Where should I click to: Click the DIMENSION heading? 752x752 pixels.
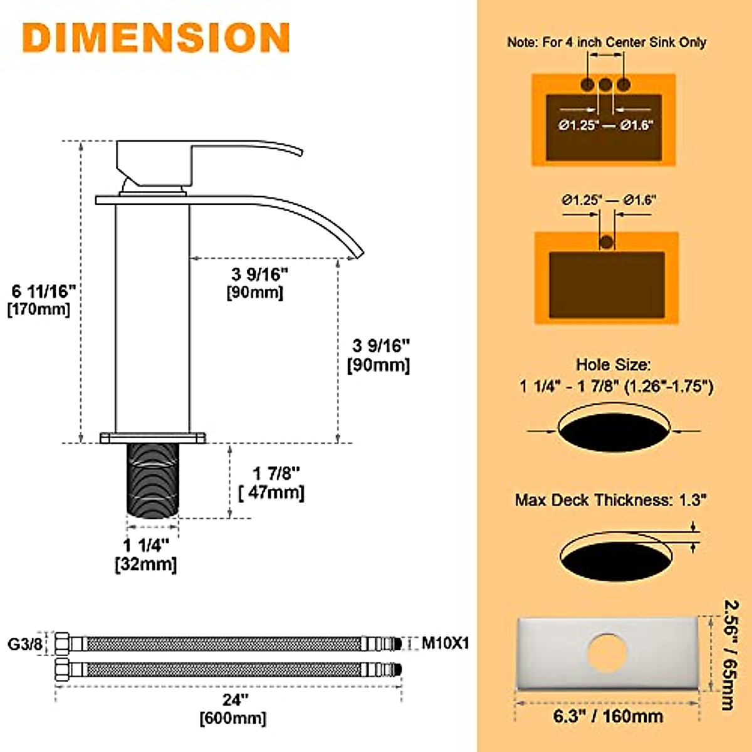(156, 38)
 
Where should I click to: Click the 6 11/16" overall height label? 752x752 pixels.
(43, 291)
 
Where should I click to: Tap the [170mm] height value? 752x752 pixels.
(39, 309)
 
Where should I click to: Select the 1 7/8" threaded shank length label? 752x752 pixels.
(276, 474)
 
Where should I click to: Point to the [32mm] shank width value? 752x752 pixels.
(146, 564)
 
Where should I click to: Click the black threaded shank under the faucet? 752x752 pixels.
(153, 480)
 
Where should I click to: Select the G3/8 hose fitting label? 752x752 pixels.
(26, 644)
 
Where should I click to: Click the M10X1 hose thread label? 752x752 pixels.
(445, 643)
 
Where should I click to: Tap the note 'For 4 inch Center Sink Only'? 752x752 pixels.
(607, 43)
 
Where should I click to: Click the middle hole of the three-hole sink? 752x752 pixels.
(605, 85)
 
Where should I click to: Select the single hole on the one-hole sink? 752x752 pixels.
(606, 242)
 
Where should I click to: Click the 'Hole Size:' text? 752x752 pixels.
(614, 365)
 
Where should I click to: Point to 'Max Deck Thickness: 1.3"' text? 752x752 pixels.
(611, 500)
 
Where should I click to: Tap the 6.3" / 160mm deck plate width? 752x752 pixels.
(607, 716)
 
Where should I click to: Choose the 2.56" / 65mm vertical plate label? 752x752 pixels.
(731, 655)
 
